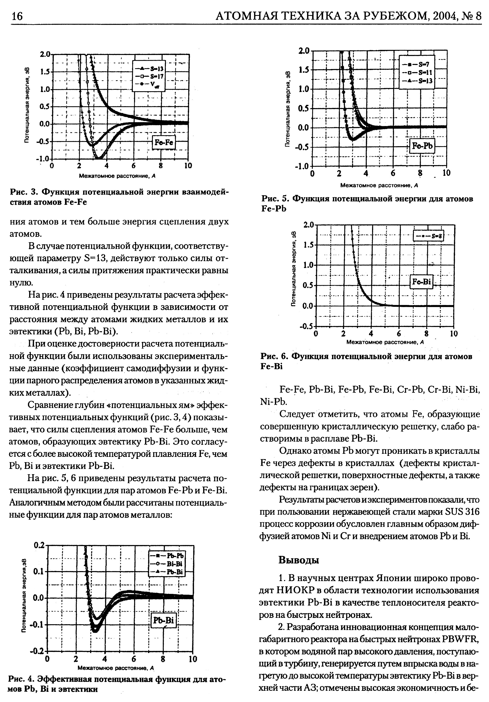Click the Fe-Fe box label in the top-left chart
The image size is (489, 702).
164,143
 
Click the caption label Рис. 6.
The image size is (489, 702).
274,356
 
